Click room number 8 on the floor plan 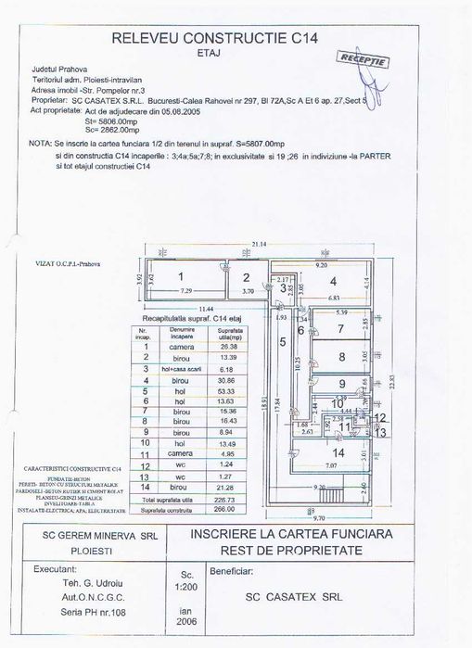click(x=341, y=358)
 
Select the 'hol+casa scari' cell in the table click(x=175, y=368)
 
